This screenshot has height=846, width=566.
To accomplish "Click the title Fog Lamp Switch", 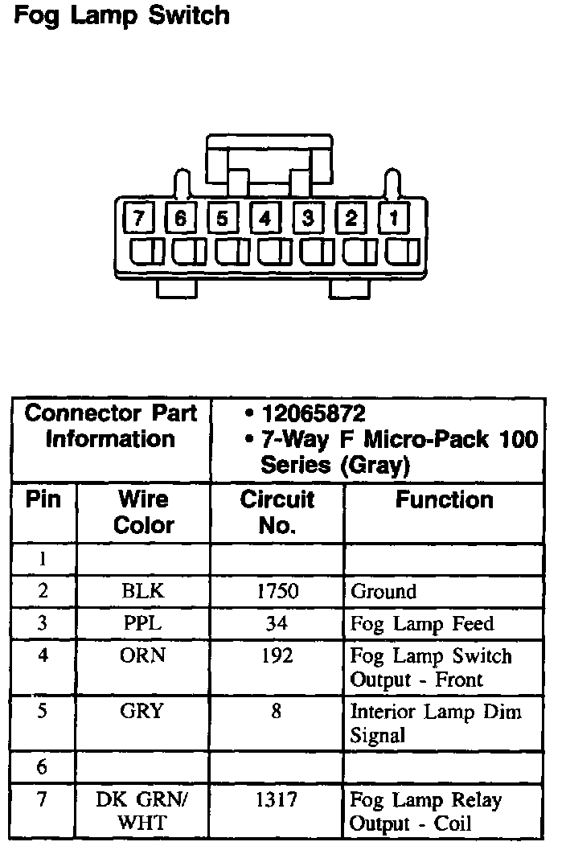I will tap(121, 15).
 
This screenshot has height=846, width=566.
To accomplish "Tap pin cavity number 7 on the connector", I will tap(138, 218).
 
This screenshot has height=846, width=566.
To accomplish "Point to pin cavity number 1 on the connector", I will tap(394, 218).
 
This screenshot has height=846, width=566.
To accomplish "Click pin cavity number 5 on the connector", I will tap(223, 218).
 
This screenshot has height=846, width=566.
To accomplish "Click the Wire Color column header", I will tap(143, 512).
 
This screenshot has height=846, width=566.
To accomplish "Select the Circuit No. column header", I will tap(277, 512).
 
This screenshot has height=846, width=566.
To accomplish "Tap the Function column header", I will tap(444, 500).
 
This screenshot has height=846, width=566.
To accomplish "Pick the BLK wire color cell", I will tap(143, 591).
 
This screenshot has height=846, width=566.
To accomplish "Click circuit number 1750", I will tap(277, 591).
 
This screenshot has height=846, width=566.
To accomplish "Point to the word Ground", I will tap(383, 592).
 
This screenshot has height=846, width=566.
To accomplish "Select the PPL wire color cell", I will tap(143, 623).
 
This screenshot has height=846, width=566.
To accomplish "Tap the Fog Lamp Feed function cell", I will tap(422, 624).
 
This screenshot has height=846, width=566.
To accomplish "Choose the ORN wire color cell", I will tap(143, 655).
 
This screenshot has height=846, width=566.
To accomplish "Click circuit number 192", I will tap(277, 655).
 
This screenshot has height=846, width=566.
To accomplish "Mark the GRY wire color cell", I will tap(143, 711).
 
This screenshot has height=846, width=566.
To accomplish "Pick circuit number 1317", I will tap(277, 799).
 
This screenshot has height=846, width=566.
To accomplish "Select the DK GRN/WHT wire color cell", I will tap(143, 811).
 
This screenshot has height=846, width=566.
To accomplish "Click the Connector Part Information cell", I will tap(111, 426).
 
